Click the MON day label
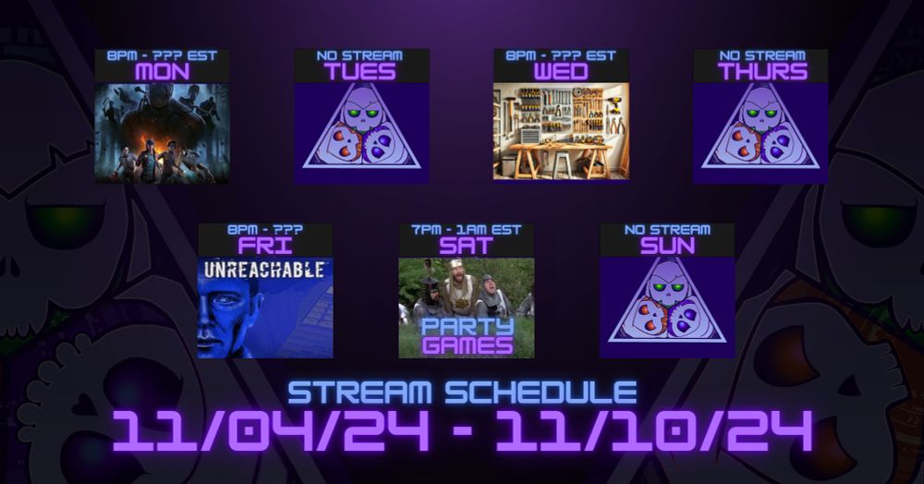tap(162, 72)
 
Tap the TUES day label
tap(360, 72)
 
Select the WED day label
tap(561, 72)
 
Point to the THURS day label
tap(762, 72)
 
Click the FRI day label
tap(265, 246)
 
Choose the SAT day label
tap(466, 246)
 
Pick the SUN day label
tap(667, 246)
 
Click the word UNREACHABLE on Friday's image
tap(264, 271)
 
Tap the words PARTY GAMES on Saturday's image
tap(468, 336)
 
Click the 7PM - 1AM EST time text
tap(466, 230)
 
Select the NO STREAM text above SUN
tap(667, 230)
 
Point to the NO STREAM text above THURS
tap(762, 56)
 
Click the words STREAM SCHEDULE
tap(463, 393)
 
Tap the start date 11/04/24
tap(271, 430)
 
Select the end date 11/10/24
tap(654, 430)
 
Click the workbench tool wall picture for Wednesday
tap(561, 131)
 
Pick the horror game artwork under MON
tap(162, 133)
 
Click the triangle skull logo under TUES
tap(362, 128)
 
